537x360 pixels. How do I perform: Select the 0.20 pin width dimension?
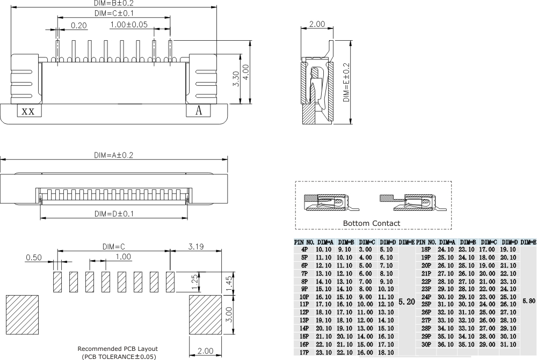click(x=79, y=25)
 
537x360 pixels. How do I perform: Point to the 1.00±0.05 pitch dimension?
click(x=128, y=25)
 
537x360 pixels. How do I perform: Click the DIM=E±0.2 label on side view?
click(x=346, y=83)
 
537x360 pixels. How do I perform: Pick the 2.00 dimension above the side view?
click(x=317, y=24)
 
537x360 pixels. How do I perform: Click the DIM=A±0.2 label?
click(x=113, y=155)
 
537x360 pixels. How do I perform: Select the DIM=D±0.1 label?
click(x=114, y=214)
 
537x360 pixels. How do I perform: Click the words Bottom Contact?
click(x=371, y=223)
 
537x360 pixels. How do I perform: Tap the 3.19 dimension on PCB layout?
click(x=196, y=246)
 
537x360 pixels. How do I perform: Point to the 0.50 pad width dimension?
click(x=33, y=258)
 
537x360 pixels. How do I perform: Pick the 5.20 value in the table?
click(x=407, y=302)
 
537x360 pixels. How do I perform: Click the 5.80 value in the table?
click(x=528, y=302)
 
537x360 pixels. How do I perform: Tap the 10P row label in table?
click(x=304, y=296)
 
